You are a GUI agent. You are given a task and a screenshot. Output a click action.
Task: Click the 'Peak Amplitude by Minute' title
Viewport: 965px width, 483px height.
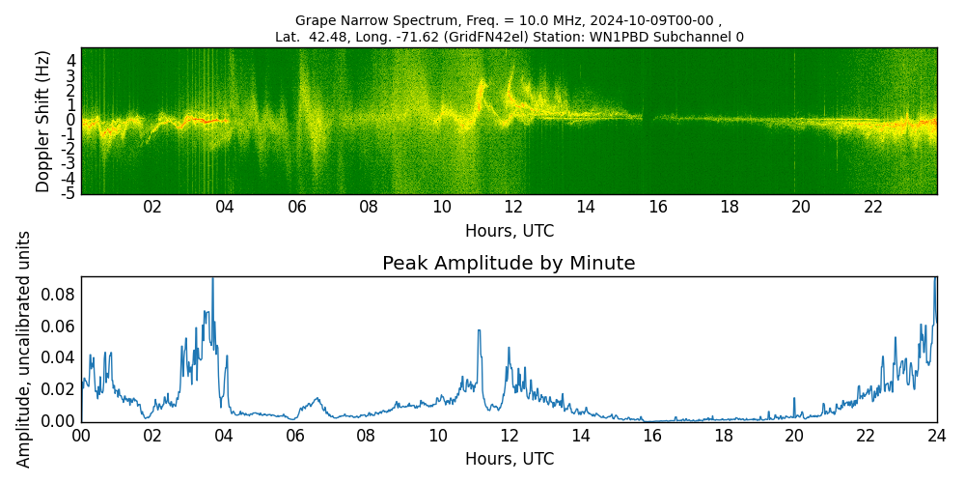[x=509, y=264]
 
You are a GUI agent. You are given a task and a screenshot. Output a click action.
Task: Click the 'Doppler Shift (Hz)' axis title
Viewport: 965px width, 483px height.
[x=43, y=122]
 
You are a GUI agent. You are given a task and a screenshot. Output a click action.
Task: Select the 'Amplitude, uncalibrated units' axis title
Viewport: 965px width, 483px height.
[x=24, y=349]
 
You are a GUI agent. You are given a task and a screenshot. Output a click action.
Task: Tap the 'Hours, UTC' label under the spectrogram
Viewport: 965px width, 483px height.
[x=509, y=232]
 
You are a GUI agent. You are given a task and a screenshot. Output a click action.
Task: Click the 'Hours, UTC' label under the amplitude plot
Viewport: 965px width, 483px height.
[x=509, y=459]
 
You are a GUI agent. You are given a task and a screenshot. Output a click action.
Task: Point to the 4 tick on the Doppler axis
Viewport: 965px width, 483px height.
[x=70, y=60]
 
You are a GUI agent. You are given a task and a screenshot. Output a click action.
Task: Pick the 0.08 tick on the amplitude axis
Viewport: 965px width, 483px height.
[x=59, y=294]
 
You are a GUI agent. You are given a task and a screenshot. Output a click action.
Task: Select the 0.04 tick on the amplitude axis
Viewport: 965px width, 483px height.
[x=59, y=357]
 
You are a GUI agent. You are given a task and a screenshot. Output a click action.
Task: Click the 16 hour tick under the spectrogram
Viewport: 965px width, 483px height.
[x=657, y=207]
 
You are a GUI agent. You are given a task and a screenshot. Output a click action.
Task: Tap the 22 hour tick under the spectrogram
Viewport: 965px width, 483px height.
[x=873, y=207]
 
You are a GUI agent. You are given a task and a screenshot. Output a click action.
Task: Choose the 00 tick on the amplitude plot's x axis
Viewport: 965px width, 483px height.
[x=81, y=436]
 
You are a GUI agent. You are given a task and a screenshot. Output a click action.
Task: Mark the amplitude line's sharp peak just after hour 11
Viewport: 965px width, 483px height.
[x=478, y=330]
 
